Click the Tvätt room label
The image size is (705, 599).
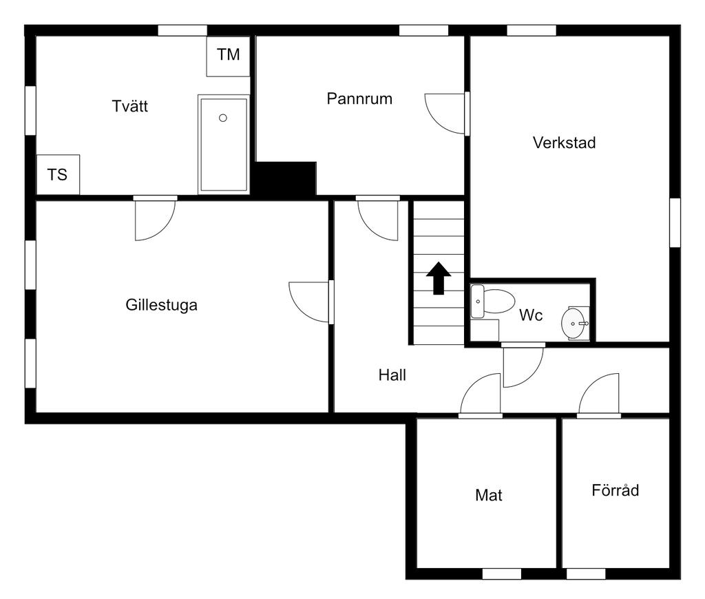click(x=130, y=107)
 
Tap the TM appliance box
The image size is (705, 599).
click(x=229, y=55)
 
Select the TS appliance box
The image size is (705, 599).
click(x=58, y=175)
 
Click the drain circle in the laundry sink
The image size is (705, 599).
click(x=223, y=118)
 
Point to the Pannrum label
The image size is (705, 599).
click(x=359, y=98)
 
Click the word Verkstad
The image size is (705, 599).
click(x=564, y=143)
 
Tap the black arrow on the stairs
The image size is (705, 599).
click(x=439, y=277)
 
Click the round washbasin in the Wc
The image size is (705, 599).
click(x=575, y=322)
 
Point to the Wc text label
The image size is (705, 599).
click(x=531, y=315)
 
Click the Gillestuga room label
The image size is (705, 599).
click(x=162, y=304)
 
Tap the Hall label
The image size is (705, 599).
click(x=392, y=375)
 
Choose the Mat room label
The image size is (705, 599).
click(x=489, y=495)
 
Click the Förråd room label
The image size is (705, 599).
click(x=615, y=491)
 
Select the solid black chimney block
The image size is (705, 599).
click(x=285, y=178)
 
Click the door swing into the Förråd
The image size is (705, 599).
click(x=600, y=398)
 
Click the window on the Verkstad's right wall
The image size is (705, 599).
click(x=675, y=222)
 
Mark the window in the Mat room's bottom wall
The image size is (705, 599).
click(x=501, y=574)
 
